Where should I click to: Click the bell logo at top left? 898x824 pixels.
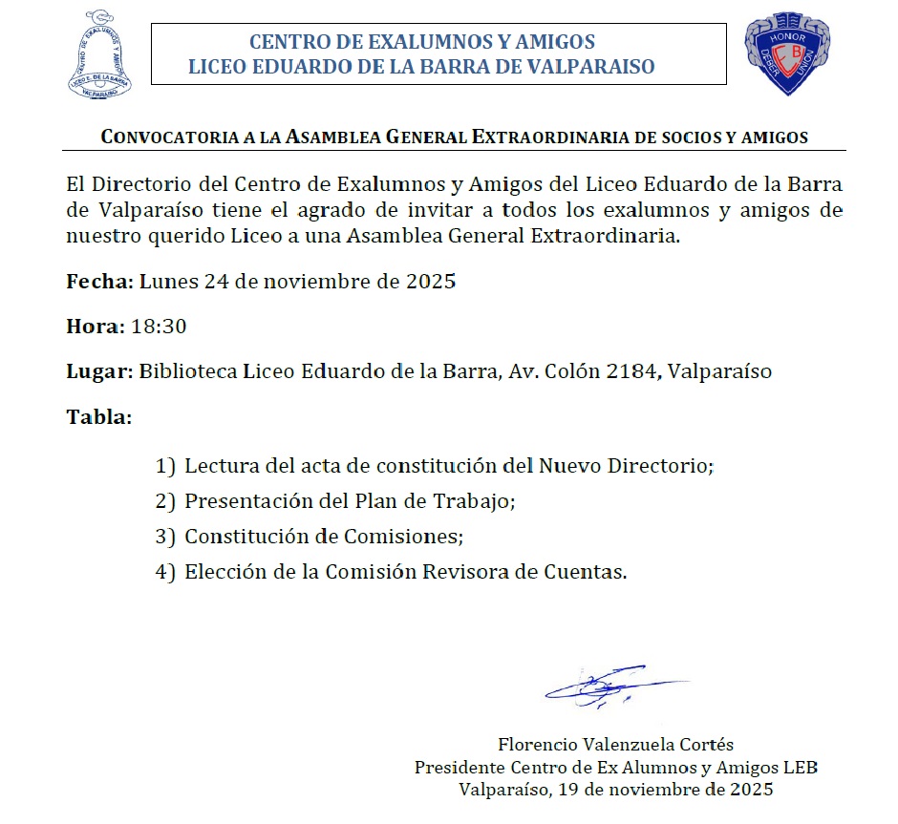99,54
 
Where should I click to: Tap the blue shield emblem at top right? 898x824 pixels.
786,53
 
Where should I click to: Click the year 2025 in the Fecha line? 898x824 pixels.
432,282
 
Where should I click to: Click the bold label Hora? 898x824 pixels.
94,327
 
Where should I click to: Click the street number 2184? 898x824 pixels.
630,371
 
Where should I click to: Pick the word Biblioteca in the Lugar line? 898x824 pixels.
187,371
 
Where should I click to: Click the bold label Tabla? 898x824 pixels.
97,417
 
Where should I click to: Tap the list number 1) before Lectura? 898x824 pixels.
165,466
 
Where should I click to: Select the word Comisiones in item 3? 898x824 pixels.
415,537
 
